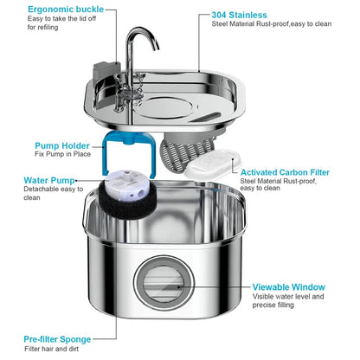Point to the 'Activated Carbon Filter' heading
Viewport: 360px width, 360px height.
click(x=284, y=172)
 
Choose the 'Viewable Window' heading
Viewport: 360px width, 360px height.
click(x=289, y=286)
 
